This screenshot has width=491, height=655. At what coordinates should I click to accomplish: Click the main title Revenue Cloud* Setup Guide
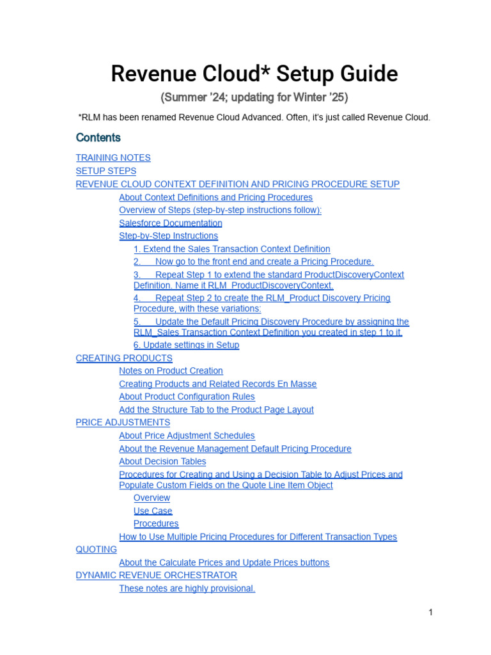(x=254, y=74)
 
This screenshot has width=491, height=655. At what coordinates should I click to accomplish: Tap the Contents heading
(x=98, y=138)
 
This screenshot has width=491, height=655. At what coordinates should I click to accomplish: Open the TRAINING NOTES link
(x=113, y=157)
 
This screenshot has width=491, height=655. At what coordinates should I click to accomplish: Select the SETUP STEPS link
(x=105, y=171)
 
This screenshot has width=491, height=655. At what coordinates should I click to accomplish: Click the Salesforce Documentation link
(x=170, y=223)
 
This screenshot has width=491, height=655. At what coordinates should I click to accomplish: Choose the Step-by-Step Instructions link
(x=168, y=236)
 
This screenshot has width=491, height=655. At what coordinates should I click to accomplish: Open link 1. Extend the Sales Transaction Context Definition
(x=231, y=249)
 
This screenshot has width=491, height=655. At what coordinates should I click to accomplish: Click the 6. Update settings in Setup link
(x=186, y=345)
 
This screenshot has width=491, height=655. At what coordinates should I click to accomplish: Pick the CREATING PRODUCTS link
(x=124, y=358)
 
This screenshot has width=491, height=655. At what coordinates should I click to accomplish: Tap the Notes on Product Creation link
(x=171, y=371)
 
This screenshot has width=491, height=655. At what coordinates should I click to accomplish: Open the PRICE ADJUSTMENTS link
(x=123, y=422)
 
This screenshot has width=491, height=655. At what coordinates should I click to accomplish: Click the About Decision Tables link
(x=162, y=461)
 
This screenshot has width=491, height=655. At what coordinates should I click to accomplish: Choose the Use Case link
(x=153, y=510)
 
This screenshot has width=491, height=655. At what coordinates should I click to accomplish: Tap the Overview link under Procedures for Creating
(x=152, y=498)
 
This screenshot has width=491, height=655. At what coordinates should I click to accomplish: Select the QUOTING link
(x=96, y=549)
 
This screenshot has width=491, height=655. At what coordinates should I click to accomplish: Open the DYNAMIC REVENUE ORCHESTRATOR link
(x=156, y=575)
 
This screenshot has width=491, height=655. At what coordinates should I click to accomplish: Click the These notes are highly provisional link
(x=187, y=588)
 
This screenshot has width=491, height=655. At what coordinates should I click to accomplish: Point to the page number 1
(x=430, y=612)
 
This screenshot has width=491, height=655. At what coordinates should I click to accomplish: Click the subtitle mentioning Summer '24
(x=254, y=97)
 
